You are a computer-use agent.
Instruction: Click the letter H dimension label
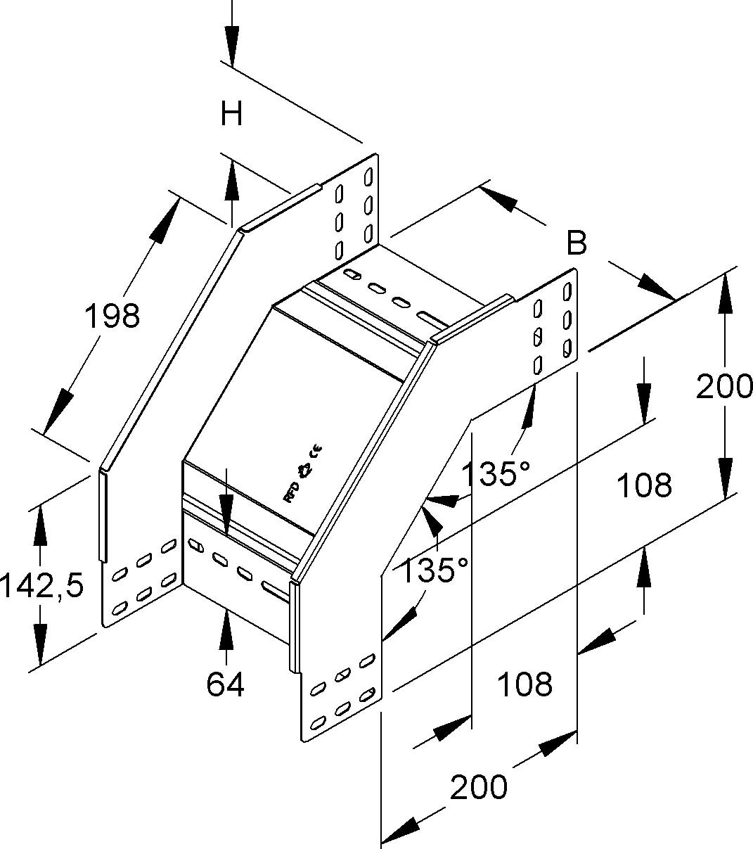click(231, 113)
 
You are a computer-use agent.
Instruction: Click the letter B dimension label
click(577, 243)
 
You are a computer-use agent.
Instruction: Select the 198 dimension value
click(112, 316)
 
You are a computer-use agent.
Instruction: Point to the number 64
click(226, 684)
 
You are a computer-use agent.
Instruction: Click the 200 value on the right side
click(724, 386)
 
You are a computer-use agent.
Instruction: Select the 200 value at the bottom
click(478, 787)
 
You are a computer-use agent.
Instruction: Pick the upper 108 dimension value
click(644, 485)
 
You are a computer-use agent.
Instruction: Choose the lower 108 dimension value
click(524, 683)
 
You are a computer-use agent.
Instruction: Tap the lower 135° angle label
click(435, 570)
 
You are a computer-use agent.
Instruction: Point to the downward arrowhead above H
click(232, 46)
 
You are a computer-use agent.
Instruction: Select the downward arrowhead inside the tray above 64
click(226, 513)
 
